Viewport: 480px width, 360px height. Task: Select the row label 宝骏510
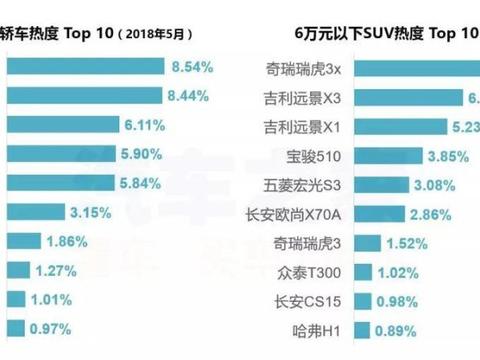point(312,156)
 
